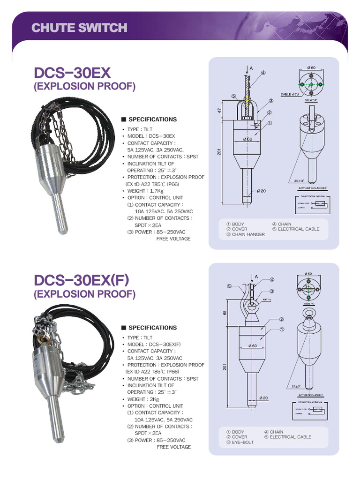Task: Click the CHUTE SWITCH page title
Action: coord(79,28)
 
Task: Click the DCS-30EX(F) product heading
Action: coord(81,280)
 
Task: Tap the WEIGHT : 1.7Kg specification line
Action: coord(147,191)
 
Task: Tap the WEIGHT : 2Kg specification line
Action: coord(145,399)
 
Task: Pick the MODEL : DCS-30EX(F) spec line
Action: coord(154,344)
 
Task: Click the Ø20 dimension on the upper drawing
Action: coord(262,191)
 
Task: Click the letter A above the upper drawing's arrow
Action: coord(251,68)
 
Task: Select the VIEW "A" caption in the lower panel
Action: coord(309,304)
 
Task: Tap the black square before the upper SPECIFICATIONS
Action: coord(124,120)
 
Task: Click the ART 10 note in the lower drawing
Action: coord(267,299)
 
